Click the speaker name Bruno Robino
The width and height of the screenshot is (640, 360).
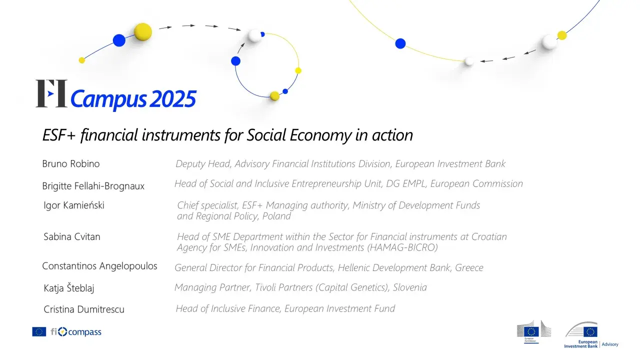[x=71, y=163]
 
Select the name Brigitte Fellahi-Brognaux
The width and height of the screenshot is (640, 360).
[x=93, y=186]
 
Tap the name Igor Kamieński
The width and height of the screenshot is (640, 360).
[x=74, y=205]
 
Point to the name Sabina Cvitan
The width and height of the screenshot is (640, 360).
[x=72, y=236]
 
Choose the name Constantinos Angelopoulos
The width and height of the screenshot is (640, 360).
[x=99, y=266]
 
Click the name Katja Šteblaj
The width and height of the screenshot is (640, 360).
[x=69, y=287]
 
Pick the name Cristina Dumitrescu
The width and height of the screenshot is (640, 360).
[x=84, y=309]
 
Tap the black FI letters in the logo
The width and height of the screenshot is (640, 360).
[x=51, y=93]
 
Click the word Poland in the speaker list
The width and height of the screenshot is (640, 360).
[x=276, y=216]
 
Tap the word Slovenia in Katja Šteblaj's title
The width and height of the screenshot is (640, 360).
[x=409, y=287]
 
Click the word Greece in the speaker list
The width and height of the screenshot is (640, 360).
[x=468, y=267]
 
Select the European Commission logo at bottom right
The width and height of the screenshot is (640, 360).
[x=533, y=331]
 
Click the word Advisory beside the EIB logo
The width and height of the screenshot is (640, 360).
[x=610, y=344]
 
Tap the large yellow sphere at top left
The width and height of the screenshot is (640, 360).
[x=143, y=32]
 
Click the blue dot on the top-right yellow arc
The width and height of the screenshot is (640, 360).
[x=400, y=43]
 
